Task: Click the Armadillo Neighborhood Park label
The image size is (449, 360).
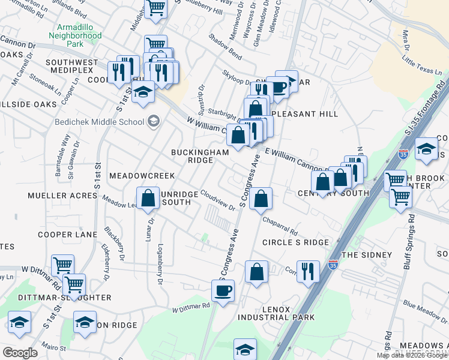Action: point(79,35)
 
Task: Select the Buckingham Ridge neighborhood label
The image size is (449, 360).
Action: point(200,152)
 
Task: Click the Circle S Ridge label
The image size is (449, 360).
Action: point(295,242)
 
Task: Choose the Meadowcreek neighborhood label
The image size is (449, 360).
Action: point(142,176)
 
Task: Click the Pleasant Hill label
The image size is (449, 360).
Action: point(304,113)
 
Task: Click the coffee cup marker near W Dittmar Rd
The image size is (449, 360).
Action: point(223,291)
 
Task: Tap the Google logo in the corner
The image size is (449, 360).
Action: point(20,352)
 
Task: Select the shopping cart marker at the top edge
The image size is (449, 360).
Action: point(155,8)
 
